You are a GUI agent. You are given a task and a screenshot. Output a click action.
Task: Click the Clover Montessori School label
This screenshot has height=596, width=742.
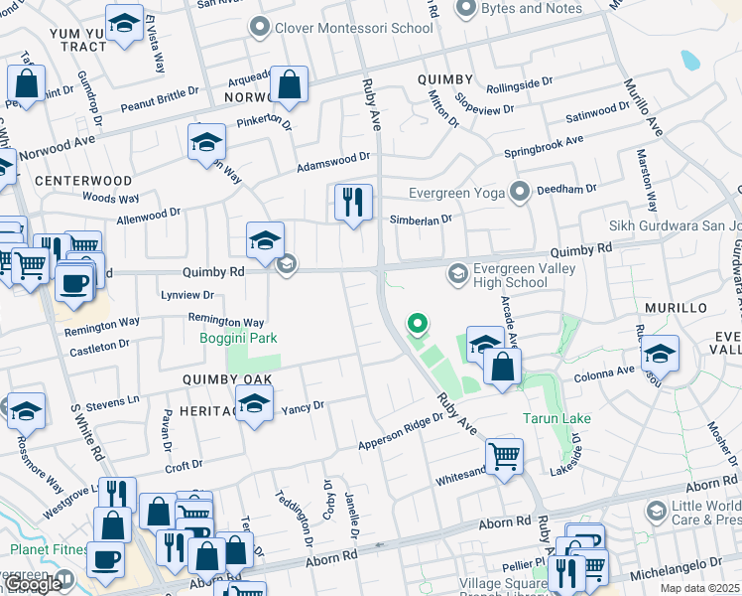[353, 28]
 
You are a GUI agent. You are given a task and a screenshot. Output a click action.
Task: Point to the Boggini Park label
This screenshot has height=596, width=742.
[238, 339]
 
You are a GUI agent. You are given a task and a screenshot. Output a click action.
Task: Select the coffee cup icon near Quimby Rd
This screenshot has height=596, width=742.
[74, 283]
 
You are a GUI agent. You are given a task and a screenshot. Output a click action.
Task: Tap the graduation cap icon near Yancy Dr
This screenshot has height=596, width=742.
[255, 405]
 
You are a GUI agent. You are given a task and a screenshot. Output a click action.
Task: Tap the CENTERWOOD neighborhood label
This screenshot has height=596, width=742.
[83, 181]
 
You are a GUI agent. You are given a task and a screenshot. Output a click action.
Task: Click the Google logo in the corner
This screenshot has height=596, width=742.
[33, 585]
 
